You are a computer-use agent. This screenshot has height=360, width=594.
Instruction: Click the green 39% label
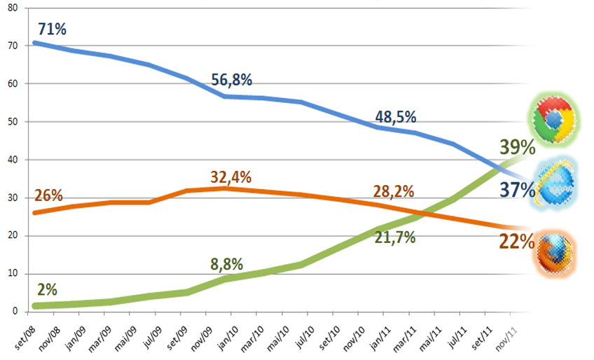[x=518, y=147]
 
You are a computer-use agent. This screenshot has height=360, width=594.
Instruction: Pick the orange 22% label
[x=517, y=242]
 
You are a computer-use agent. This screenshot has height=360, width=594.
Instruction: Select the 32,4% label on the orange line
[x=231, y=176]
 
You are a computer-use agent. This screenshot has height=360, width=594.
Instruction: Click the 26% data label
[x=48, y=195]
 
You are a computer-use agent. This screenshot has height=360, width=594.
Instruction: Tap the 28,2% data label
[x=393, y=191]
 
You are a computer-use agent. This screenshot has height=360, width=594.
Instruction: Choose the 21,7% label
[x=395, y=237]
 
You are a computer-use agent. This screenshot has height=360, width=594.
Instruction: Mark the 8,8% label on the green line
[x=227, y=265]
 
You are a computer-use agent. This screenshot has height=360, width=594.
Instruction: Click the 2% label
[x=47, y=289]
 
